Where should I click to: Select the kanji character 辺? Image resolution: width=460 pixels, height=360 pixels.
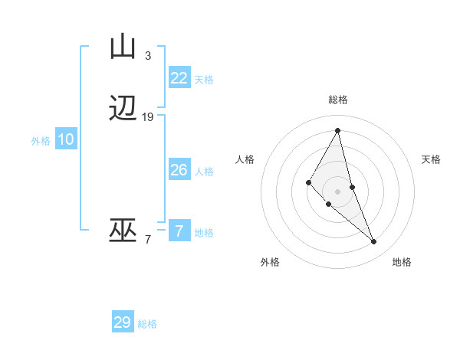point(123,110)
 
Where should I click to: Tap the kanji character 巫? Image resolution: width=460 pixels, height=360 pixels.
point(123,231)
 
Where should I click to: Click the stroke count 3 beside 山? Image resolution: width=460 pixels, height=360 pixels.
point(148,55)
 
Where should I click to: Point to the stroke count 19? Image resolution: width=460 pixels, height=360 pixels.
point(148,117)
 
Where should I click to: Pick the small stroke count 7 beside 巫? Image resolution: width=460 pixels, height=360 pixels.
point(148,240)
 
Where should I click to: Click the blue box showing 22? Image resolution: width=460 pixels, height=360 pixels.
point(179,77)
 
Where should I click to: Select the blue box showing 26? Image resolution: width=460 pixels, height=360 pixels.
point(179,169)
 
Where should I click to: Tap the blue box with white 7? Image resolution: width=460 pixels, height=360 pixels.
point(179,231)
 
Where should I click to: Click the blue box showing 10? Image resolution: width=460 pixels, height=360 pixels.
point(66,139)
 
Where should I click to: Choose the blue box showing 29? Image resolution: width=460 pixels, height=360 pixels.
point(123,322)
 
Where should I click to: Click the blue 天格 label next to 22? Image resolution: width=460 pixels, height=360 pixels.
point(204,79)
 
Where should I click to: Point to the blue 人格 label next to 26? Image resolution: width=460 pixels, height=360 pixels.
point(204,171)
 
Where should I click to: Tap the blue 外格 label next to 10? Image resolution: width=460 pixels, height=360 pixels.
point(41,141)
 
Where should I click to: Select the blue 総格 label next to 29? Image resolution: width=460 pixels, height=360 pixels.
point(147,324)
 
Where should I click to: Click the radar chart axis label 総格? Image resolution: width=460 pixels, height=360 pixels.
point(337,100)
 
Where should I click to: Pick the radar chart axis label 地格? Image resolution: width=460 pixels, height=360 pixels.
point(402,262)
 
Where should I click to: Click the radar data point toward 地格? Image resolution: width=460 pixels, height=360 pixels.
point(374,242)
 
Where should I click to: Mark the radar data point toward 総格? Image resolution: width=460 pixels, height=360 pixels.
point(337,130)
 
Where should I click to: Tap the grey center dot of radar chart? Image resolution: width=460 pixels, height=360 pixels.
point(337,191)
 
